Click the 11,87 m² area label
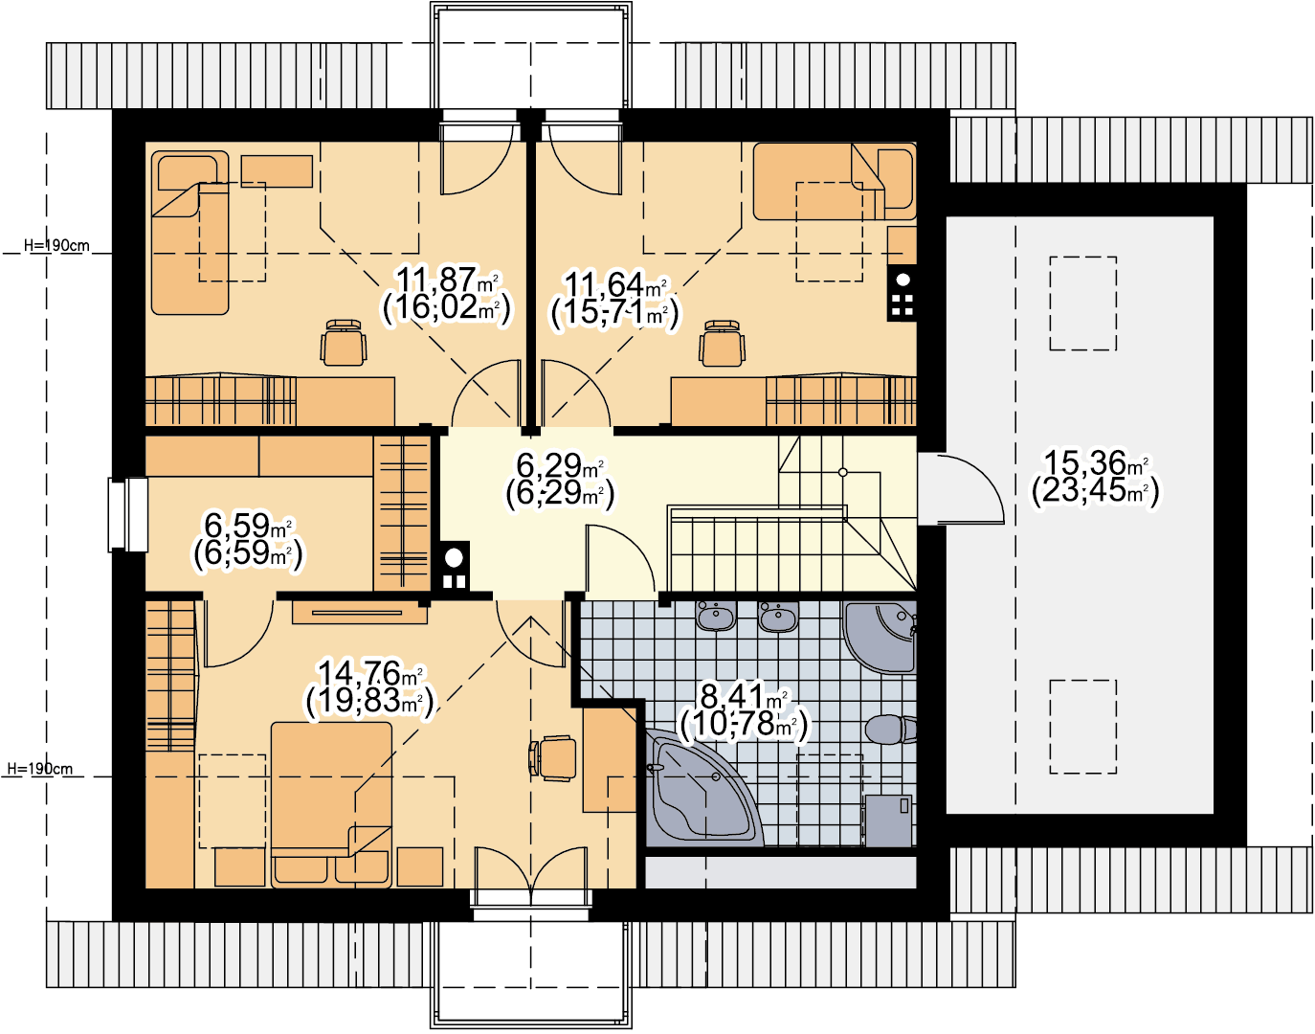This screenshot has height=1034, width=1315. point(447,281)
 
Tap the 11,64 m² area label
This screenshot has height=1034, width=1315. point(616,284)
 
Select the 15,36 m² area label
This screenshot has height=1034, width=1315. point(1096,462)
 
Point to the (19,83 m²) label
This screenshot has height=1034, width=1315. point(369,701)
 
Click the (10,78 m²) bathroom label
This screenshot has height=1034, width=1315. point(744,724)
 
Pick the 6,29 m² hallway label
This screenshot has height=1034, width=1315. point(560,465)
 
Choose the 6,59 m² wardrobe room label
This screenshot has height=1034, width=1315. point(248,525)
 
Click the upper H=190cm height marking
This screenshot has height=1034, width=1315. point(56,245)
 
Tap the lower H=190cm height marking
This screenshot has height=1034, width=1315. point(40,768)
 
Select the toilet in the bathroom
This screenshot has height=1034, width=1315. point(890,729)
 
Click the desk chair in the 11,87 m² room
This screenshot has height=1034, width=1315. point(344,343)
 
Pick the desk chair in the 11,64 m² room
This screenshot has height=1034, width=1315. point(722,344)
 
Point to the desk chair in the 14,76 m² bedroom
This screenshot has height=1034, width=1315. point(552,758)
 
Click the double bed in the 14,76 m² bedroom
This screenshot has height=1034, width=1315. point(331,804)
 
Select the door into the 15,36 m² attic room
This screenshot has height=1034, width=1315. point(961,488)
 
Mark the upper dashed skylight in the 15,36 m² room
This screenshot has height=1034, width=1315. point(1082,303)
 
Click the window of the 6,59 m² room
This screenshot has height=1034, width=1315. point(127,514)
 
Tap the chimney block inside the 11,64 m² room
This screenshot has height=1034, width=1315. point(902,293)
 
